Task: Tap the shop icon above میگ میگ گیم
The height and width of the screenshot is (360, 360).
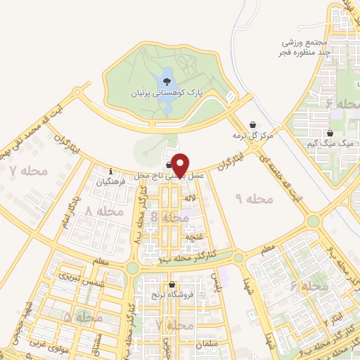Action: tap(329, 133)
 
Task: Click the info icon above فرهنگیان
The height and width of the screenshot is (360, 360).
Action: tap(111, 171)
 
